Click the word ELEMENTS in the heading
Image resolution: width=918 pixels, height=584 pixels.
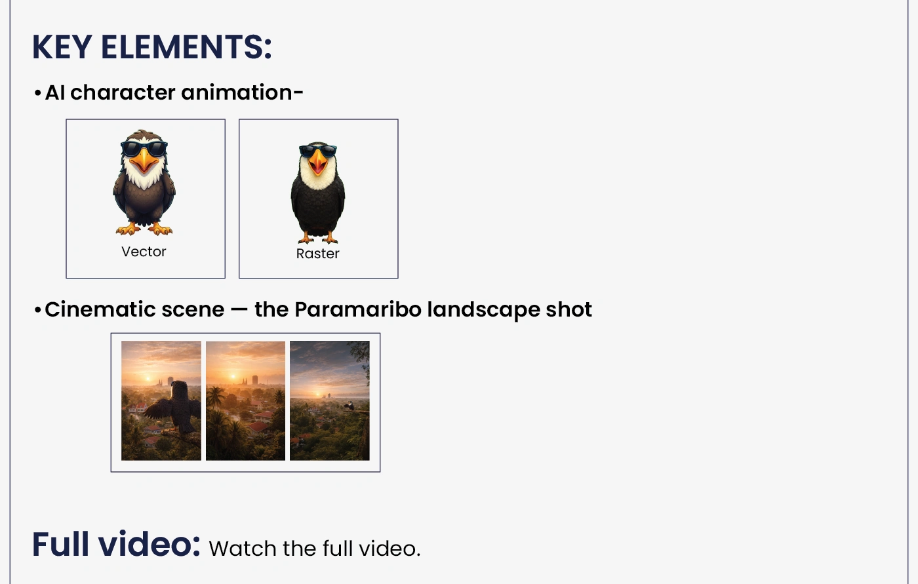click(x=186, y=47)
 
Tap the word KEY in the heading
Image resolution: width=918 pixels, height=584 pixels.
click(x=62, y=47)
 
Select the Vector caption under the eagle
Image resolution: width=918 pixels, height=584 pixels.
click(x=144, y=252)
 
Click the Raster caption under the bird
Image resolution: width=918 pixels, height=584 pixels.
click(x=318, y=254)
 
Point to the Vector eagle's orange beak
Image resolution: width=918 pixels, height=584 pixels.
click(x=144, y=161)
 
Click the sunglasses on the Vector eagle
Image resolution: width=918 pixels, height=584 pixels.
click(x=144, y=149)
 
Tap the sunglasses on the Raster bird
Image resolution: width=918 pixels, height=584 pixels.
click(x=318, y=150)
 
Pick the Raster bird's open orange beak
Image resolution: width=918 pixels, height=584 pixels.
click(x=318, y=162)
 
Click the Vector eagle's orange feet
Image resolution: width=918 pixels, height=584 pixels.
click(x=144, y=228)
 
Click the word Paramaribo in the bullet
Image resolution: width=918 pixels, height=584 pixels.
click(x=358, y=309)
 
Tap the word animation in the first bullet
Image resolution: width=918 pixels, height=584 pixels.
click(x=242, y=92)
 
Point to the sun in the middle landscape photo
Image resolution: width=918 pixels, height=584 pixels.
click(x=233, y=376)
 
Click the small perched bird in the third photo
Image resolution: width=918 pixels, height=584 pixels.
click(x=349, y=406)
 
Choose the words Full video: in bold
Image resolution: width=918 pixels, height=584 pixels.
click(x=117, y=544)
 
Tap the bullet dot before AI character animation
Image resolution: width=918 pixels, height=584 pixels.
click(x=38, y=93)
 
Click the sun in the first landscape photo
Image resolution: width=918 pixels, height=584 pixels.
click(x=148, y=379)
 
